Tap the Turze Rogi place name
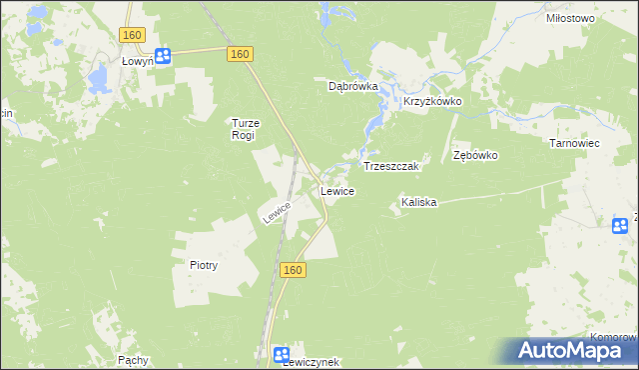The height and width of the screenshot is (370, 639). pos(245,129)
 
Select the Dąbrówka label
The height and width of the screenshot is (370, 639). pos(353,86)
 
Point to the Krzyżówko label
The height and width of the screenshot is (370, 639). pos(430,103)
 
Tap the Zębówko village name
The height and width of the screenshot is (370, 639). pos(475,156)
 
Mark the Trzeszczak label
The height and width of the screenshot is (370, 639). pos(395,165)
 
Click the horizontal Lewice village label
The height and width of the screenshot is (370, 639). pos(336,190)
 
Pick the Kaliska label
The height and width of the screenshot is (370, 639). pos(419,202)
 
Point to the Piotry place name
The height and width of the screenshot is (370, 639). pos(204,265)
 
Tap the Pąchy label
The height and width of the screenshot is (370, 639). pos(133,358)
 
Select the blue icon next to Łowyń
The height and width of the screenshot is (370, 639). pos(164,57)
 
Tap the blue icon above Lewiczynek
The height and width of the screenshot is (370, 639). pos(282,353)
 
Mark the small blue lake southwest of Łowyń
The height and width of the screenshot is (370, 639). pos(98,77)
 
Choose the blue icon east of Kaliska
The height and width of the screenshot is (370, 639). pos(622,225)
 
